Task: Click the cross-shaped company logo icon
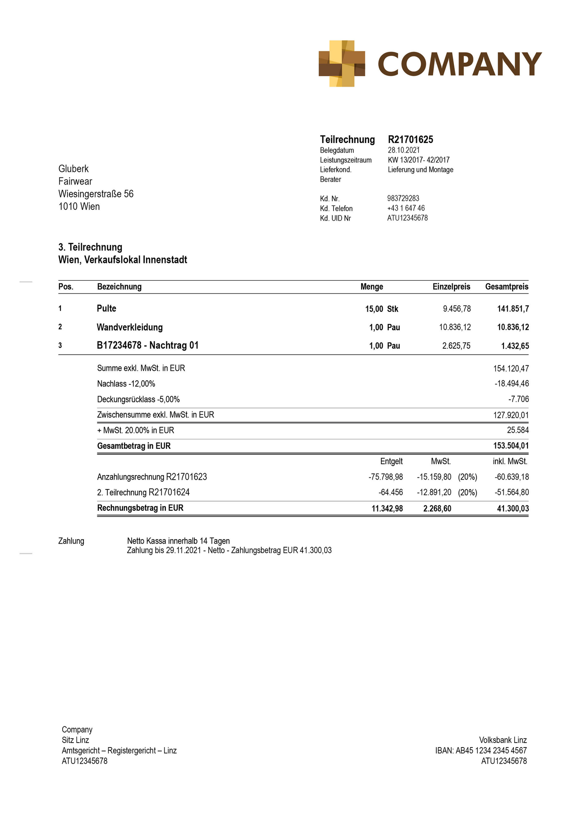tap(342, 64)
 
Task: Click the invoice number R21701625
tap(410, 139)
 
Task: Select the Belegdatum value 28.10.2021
tap(403, 150)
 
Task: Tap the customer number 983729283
tap(403, 198)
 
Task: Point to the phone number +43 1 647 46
tap(406, 208)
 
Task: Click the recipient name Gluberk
tap(73, 169)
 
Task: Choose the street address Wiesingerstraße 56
tap(96, 194)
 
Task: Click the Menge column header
tap(371, 287)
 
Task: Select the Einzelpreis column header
tap(451, 287)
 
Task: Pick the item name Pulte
tap(106, 309)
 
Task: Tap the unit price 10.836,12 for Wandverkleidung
tap(455, 327)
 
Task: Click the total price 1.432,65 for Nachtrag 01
tap(515, 346)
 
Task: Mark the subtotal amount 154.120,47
tap(511, 369)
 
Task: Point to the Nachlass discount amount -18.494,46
tap(511, 384)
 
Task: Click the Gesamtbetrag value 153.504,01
tap(511, 446)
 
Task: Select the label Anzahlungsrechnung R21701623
tap(152, 477)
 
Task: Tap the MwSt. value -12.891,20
tap(434, 493)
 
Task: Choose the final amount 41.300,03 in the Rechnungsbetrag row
tap(513, 508)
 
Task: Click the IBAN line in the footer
tap(481, 751)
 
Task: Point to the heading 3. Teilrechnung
tap(90, 247)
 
